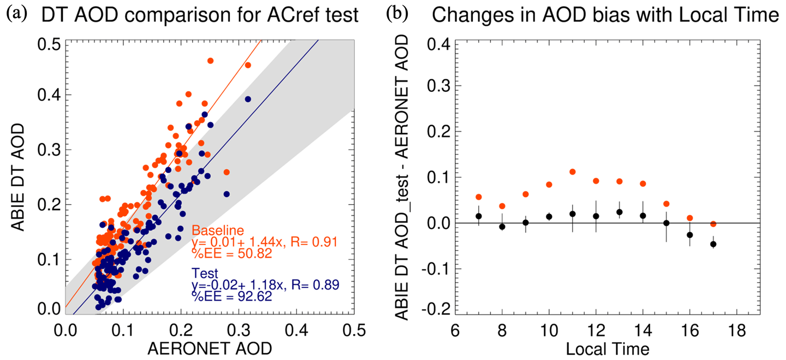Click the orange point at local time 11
coord(572,172)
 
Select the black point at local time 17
coord(713,244)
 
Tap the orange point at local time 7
coord(478,197)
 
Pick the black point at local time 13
coord(619,212)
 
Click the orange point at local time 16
coord(689,218)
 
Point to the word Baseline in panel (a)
coord(218,230)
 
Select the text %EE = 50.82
coord(232,253)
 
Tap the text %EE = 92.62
coord(232,296)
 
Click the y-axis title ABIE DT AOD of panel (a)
coord(17,177)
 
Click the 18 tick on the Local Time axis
coord(737,331)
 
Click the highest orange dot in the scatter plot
coord(210,61)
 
